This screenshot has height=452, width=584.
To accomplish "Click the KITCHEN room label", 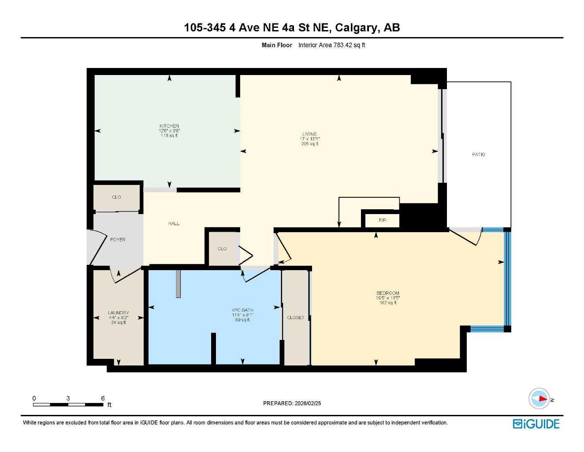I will (169, 126).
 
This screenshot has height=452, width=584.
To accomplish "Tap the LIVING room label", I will (309, 134).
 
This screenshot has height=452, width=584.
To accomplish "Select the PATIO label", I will (478, 154).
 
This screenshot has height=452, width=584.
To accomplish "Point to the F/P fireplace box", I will (382, 220).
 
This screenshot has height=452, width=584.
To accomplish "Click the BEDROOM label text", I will (388, 293).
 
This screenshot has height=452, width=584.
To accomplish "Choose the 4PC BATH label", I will (242, 310).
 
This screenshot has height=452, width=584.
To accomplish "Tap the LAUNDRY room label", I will (118, 313).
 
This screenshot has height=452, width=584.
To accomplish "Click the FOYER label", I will (118, 240).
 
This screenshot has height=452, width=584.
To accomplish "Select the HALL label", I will (174, 224).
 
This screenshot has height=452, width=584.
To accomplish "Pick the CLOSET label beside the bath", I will (295, 317).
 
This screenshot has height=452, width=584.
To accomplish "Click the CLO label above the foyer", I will (116, 197).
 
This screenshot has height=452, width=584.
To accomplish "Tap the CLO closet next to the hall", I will (222, 249).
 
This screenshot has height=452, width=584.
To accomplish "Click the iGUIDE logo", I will (536, 424).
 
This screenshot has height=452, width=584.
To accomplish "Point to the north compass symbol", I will (539, 399).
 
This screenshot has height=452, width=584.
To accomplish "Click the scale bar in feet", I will (68, 404).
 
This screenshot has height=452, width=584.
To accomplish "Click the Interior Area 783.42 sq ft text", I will (331, 45).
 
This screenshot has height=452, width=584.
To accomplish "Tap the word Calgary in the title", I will (356, 27).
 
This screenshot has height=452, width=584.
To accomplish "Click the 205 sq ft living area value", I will (309, 144).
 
